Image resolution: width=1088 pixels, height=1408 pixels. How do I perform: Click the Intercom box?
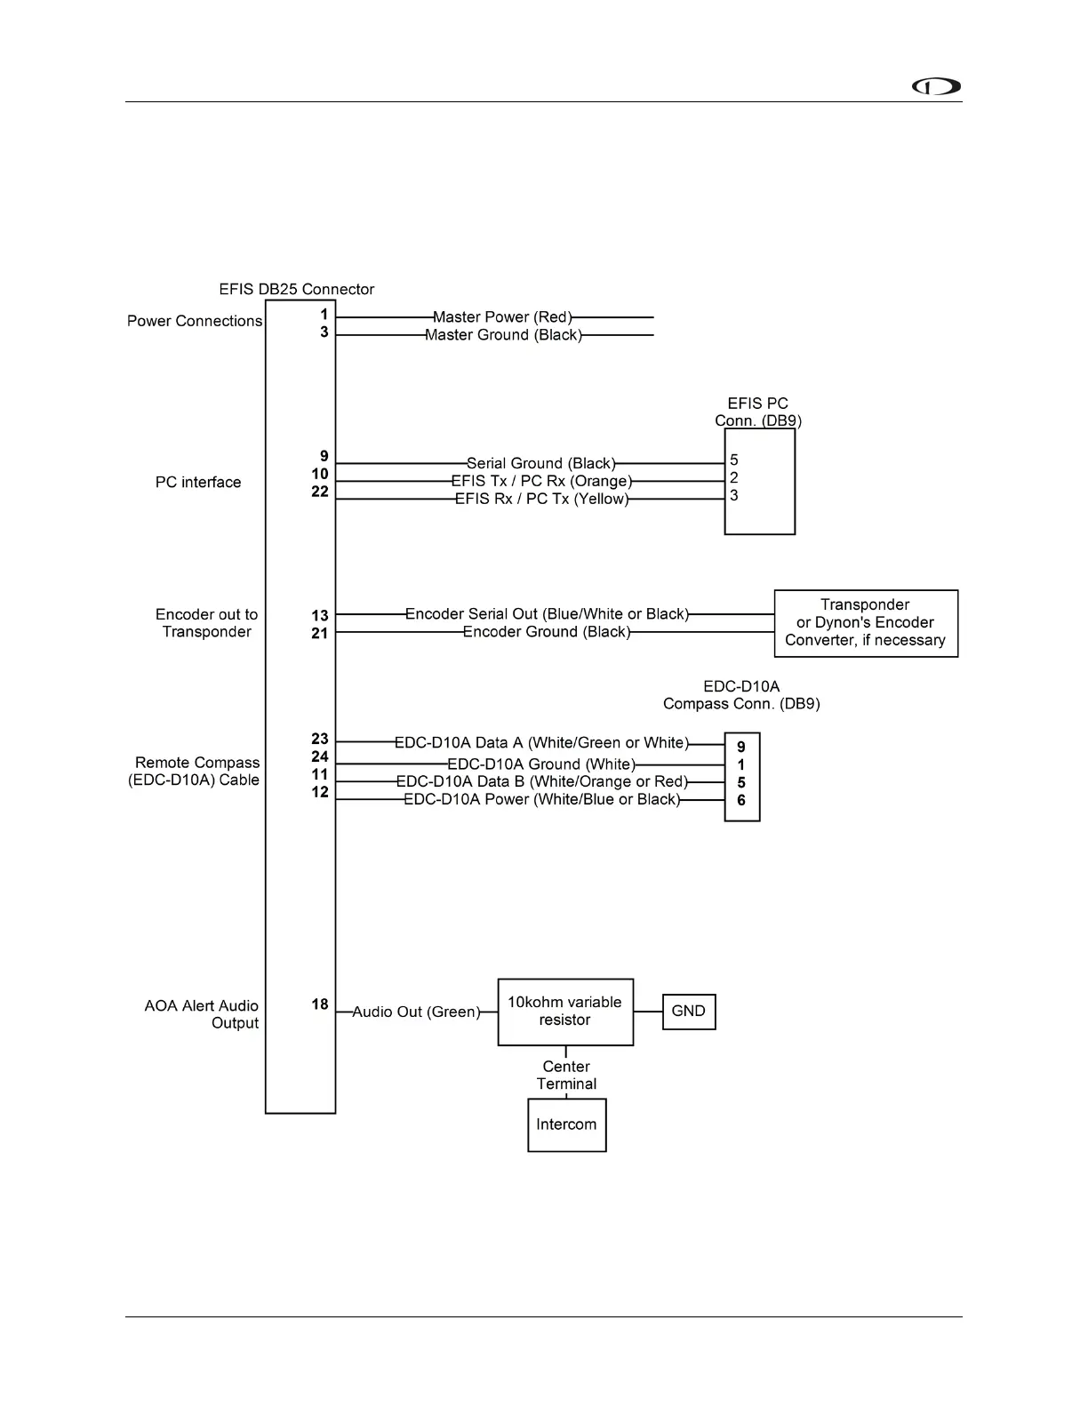[566, 1124]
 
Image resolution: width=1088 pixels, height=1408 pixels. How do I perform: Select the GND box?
[689, 1012]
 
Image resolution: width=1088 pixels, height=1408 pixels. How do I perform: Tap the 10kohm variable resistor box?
[565, 1012]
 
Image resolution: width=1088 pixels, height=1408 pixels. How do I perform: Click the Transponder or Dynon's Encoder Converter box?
[866, 623]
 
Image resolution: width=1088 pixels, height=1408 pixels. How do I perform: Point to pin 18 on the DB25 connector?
[320, 1004]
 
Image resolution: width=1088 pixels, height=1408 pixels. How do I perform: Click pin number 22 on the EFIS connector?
[320, 492]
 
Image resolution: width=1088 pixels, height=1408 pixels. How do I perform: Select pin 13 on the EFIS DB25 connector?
[320, 615]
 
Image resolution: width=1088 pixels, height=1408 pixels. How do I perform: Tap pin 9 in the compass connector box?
[741, 748]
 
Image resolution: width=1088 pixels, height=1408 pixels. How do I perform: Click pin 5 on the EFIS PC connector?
[734, 460]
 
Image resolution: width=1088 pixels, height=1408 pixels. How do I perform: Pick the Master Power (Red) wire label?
[502, 317]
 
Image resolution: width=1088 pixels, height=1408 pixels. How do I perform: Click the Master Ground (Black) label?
[503, 335]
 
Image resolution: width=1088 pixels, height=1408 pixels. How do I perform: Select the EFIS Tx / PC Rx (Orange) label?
[541, 482]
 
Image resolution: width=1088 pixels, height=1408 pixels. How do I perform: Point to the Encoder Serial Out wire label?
[547, 614]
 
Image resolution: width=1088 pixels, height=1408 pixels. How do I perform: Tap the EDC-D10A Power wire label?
[542, 800]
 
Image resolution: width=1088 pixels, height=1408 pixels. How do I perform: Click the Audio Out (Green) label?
[416, 1012]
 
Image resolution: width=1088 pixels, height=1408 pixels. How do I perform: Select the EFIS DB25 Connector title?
[297, 290]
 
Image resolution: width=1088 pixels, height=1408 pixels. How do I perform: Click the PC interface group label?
[198, 483]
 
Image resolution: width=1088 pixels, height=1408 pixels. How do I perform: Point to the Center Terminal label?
[566, 1075]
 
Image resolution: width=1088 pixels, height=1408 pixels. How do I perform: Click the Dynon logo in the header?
[936, 87]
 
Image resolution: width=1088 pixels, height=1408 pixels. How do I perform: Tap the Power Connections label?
[195, 321]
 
